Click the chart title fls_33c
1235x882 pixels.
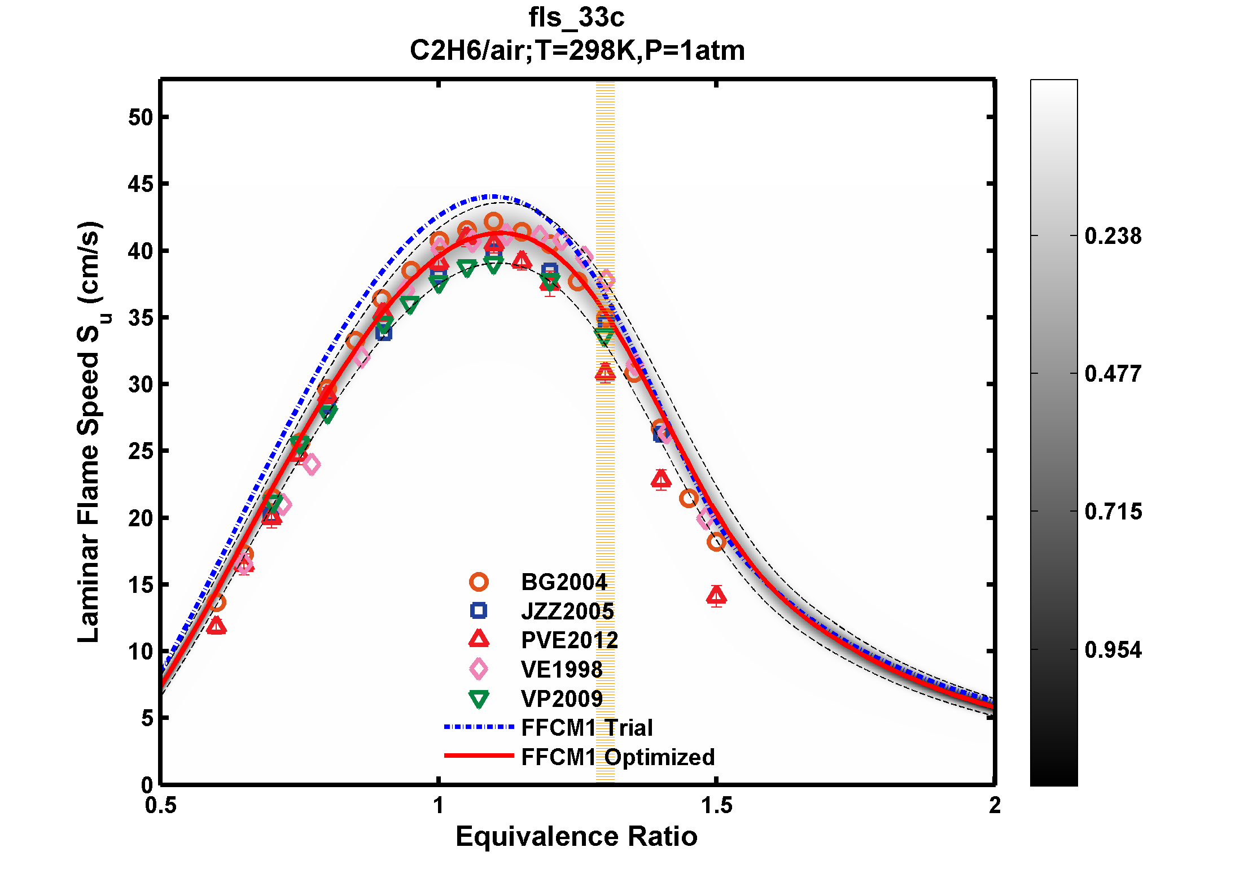click(x=576, y=18)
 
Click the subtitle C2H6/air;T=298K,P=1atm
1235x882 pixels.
click(x=576, y=51)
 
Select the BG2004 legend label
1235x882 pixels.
click(x=563, y=582)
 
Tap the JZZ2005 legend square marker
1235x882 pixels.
click(x=479, y=610)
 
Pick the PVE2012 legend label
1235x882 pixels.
click(x=569, y=640)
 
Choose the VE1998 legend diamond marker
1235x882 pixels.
click(x=479, y=669)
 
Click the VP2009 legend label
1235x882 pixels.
click(x=562, y=699)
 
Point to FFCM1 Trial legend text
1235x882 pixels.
click(x=586, y=728)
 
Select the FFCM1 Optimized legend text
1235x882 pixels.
click(x=617, y=757)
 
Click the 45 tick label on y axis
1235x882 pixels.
click(x=141, y=184)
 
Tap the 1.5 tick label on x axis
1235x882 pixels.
click(x=716, y=806)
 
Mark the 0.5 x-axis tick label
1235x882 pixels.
click(x=161, y=806)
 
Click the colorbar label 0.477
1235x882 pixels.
click(x=1113, y=374)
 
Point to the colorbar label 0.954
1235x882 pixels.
click(x=1113, y=650)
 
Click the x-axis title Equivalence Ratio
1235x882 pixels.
click(x=576, y=836)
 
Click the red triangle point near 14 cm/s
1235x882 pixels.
click(x=716, y=595)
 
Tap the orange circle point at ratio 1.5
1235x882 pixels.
click(x=716, y=542)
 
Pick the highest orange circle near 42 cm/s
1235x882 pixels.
click(x=494, y=222)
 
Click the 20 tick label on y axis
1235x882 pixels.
click(x=141, y=518)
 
